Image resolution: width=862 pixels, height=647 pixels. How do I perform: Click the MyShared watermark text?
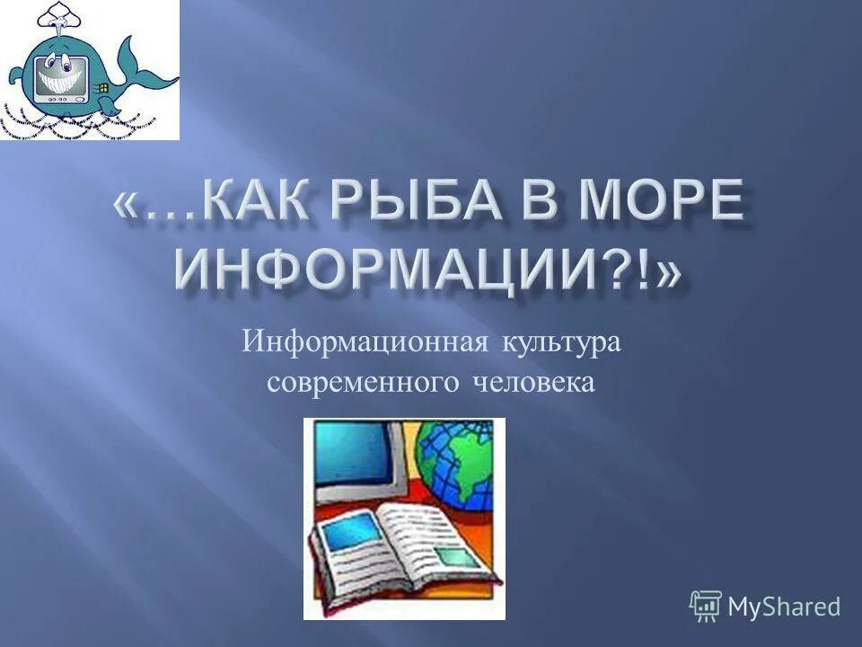(x=784, y=607)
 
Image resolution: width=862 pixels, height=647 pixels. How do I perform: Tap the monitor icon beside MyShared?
(x=706, y=607)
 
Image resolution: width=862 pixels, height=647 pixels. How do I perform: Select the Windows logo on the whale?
(x=102, y=88)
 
